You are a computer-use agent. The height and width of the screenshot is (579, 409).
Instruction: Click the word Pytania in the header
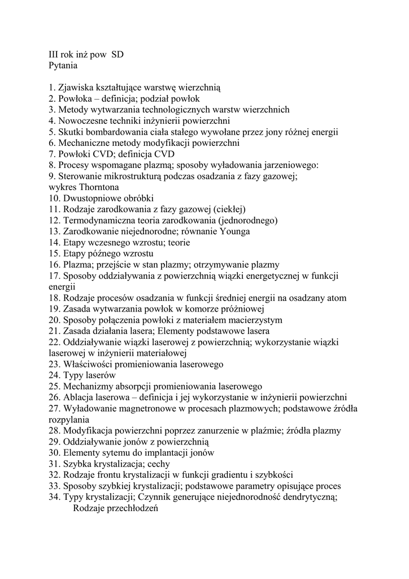(63, 66)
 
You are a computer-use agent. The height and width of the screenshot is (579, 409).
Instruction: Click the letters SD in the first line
(118, 55)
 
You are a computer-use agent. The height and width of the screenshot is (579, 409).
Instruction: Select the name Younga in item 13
(237, 231)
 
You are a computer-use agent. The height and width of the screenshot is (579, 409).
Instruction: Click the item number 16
(54, 265)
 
